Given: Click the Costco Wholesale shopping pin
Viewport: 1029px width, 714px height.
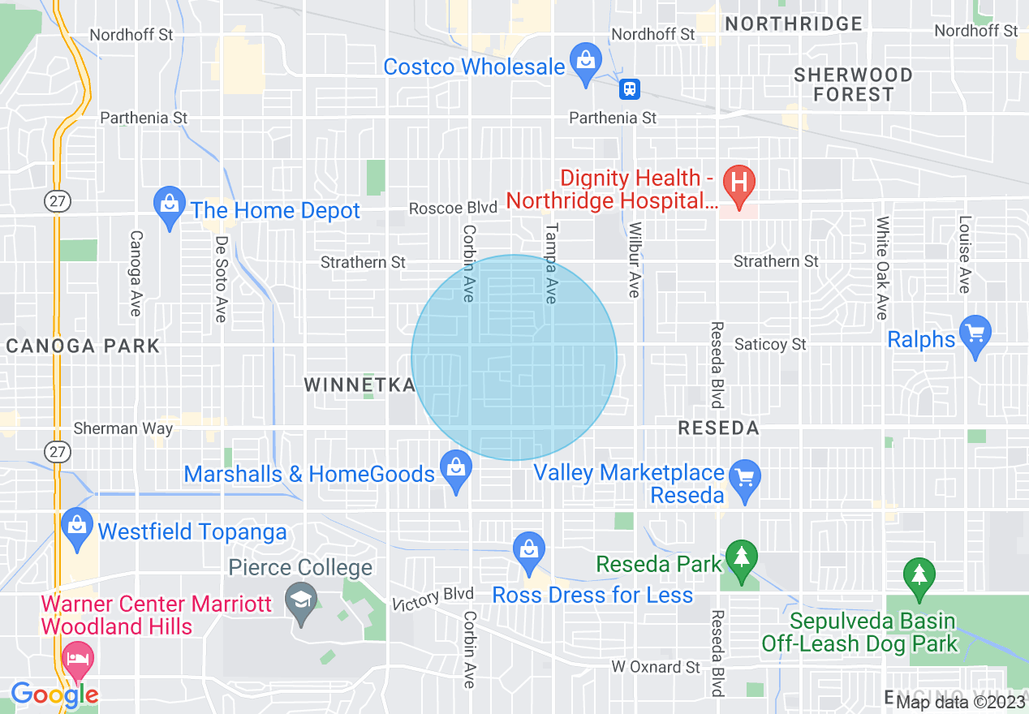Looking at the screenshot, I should click(584, 60).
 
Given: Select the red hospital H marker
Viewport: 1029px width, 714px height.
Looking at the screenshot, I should click(739, 180).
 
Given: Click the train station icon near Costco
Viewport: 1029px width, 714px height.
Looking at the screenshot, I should click(630, 88).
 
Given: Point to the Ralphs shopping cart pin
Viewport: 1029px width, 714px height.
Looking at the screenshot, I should click(975, 333).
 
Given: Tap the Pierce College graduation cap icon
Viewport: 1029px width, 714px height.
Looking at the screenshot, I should click(302, 602).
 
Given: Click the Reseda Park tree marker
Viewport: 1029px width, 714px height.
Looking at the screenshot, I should click(740, 558).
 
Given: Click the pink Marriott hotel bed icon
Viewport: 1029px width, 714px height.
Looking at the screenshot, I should click(78, 659).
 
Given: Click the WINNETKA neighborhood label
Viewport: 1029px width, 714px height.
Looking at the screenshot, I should click(360, 385).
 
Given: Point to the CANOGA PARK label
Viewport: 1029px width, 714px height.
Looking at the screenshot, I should click(83, 346).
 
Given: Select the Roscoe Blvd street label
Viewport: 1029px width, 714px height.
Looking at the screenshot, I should click(453, 209).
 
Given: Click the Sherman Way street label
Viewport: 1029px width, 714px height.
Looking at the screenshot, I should click(123, 428).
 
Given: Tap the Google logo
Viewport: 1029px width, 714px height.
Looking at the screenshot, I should click(54, 695).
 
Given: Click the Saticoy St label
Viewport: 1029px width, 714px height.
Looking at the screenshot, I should click(770, 345).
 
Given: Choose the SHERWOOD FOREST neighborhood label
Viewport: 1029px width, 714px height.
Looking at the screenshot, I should click(853, 84).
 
